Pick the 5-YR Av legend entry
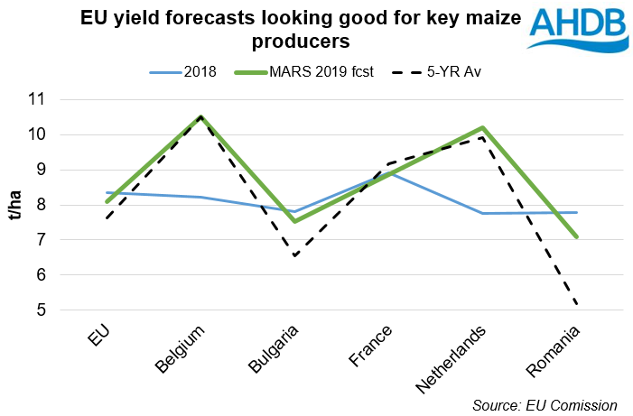[428, 71]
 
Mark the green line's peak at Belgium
[200, 116]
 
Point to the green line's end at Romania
[575, 236]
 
